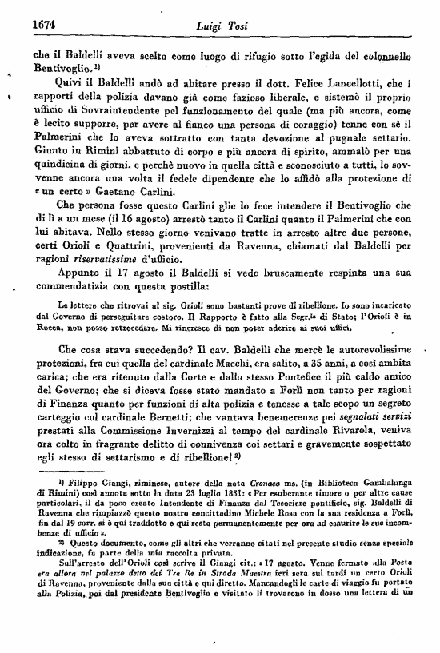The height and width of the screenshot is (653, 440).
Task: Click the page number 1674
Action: [x=27, y=25]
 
